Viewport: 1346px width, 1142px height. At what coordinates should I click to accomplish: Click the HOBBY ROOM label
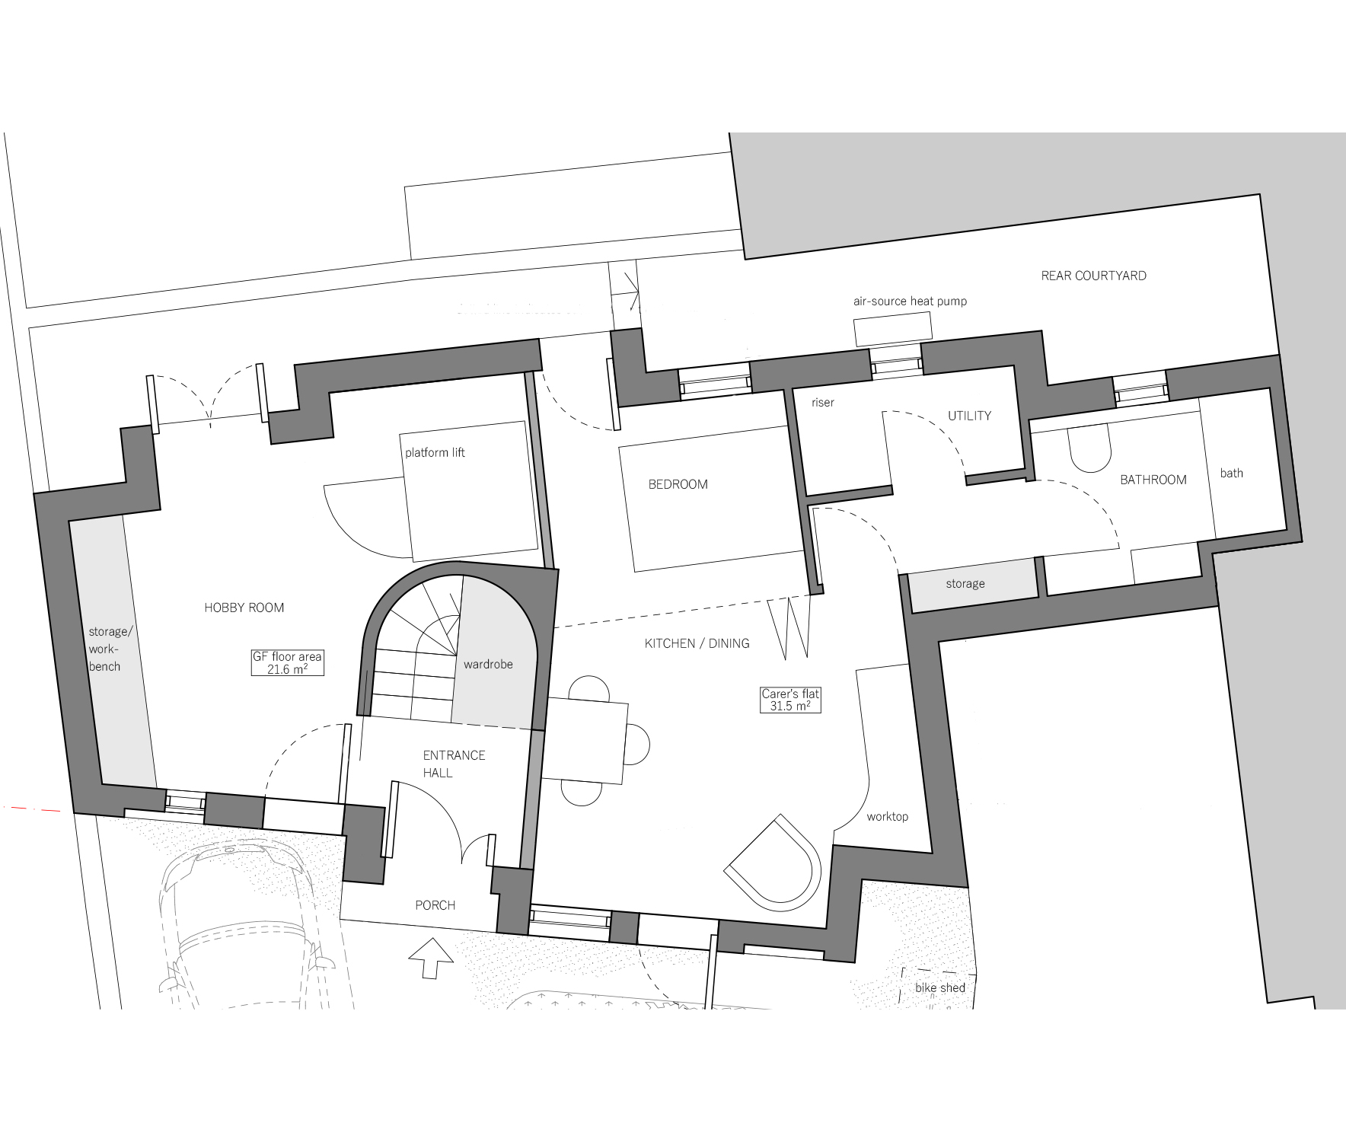pos(244,608)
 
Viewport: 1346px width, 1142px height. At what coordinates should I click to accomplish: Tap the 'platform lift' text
pos(435,453)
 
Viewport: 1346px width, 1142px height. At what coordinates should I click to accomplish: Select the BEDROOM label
pos(678,484)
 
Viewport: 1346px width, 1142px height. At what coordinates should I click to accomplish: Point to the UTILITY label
pos(969,416)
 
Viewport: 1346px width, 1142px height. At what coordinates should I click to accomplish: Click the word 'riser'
pos(823,403)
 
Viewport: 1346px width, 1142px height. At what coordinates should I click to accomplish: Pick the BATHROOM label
pos(1153,480)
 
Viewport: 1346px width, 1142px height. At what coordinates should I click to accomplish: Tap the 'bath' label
pos(1231,473)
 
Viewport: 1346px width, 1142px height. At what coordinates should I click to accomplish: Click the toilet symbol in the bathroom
pos(1090,449)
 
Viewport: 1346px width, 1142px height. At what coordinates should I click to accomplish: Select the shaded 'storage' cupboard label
pos(965,584)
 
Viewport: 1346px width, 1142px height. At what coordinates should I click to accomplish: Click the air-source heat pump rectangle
pos(893,329)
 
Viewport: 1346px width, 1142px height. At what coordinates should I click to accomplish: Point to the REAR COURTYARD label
pos(1093,276)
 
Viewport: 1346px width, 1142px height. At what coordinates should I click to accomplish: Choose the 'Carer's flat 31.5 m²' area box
pos(790,700)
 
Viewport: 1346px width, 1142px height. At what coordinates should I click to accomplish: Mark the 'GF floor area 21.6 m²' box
pos(287,662)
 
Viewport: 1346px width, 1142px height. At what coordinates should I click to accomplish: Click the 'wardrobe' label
pos(488,665)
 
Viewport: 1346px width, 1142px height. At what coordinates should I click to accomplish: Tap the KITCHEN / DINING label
pos(697,643)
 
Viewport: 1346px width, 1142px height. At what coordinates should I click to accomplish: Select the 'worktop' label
pos(887,816)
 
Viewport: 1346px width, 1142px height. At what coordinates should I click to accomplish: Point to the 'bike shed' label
pos(940,987)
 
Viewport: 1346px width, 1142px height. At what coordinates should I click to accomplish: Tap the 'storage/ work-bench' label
pos(106,649)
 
